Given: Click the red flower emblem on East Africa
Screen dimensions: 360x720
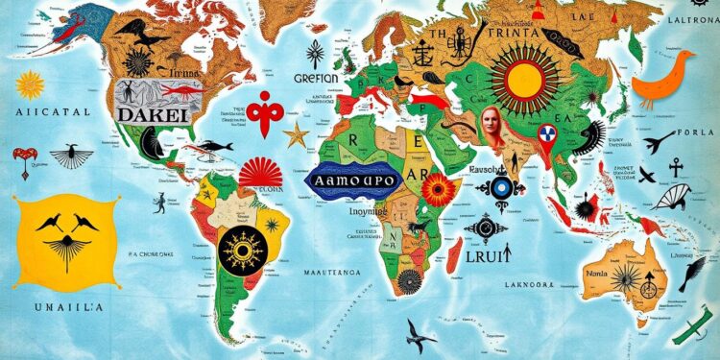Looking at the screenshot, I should [440, 189].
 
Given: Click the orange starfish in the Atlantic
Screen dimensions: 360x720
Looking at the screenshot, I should [296, 133].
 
